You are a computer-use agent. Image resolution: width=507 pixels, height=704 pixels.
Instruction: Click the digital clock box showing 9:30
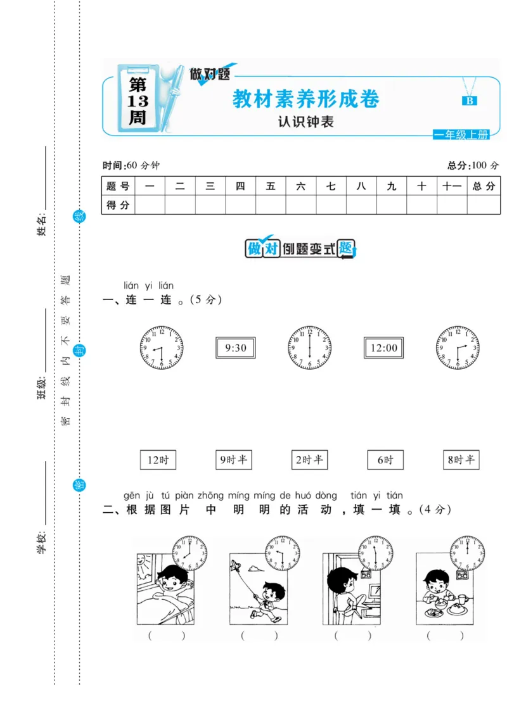[235, 348]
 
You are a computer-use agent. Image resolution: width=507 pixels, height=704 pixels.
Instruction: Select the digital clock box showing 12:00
[384, 348]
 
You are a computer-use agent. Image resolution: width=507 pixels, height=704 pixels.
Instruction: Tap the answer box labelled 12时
[158, 460]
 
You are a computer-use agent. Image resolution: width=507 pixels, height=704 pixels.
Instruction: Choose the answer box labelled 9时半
[233, 460]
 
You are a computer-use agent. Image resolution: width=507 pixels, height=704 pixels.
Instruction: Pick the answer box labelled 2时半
[310, 460]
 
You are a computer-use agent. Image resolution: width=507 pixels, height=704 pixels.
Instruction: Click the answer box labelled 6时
[385, 460]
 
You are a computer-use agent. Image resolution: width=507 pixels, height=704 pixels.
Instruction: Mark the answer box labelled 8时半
[461, 460]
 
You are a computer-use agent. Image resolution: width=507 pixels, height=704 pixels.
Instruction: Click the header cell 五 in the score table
[271, 186]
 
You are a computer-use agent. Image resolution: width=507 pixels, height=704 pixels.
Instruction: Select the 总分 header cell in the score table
[484, 186]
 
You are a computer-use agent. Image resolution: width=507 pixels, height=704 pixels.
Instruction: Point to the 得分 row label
[118, 205]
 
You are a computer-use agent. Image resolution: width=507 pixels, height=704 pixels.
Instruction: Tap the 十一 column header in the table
[452, 186]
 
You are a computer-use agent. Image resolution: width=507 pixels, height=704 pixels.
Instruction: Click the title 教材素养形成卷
[306, 99]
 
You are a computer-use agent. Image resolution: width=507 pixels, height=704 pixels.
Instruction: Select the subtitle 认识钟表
[305, 122]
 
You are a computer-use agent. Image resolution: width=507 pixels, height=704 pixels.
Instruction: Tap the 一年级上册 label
[461, 135]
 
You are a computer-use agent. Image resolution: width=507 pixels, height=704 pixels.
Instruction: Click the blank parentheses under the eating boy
[444, 636]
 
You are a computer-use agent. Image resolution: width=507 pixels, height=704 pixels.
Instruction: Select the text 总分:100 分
[473, 165]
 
